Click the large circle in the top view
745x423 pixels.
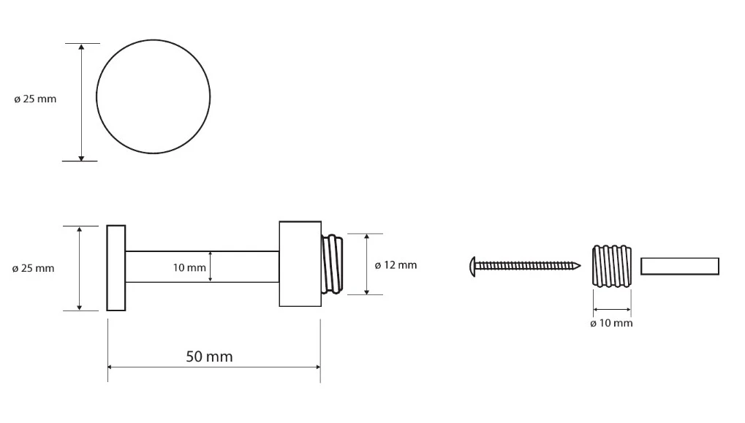point(153,40)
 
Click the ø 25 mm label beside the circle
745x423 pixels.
point(35,99)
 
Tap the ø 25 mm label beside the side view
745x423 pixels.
point(33,268)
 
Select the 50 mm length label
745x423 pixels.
point(209,357)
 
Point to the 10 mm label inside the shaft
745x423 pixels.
point(189,268)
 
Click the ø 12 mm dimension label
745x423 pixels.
point(396,265)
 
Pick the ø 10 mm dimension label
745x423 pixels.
point(611,324)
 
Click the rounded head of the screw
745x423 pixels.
point(472,267)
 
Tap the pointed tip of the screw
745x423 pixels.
point(580,266)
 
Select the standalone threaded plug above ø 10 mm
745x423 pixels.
point(612,266)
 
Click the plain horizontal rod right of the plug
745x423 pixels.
point(679,267)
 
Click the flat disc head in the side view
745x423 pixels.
point(116,268)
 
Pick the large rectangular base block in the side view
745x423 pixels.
point(300,264)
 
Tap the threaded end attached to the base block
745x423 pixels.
point(332,264)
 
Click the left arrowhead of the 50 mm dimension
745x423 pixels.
point(110,367)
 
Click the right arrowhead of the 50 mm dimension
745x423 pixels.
point(317,367)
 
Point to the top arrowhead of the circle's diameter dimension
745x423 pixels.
point(82,47)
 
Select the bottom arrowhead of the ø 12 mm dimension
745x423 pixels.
point(367,291)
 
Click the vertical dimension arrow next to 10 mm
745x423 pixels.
point(211,267)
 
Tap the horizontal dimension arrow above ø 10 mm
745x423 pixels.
point(612,310)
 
